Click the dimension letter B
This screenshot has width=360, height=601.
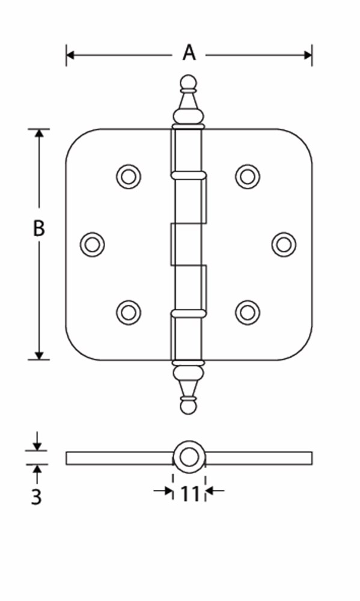click(38, 228)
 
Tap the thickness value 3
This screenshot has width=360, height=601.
click(36, 497)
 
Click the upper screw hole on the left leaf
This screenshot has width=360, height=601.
click(129, 177)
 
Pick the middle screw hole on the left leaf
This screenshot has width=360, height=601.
click(93, 245)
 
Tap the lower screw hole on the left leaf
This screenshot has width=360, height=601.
click(129, 313)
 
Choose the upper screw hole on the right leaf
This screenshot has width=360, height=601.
click(247, 177)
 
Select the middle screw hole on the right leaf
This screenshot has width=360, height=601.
click(284, 245)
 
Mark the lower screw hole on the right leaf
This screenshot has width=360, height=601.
click(247, 313)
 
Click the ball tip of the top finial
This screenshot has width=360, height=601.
click(188, 82)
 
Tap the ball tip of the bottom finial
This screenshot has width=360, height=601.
click(188, 407)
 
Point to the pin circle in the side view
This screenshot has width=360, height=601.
click(189, 457)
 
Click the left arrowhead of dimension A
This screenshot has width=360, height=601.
click(70, 55)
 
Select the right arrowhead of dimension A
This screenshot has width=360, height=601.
click(308, 55)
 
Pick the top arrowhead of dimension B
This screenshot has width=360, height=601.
click(38, 133)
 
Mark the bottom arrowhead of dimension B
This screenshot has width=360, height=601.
click(38, 355)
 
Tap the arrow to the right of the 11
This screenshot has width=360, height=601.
click(215, 490)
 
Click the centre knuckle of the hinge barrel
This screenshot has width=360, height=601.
click(186, 244)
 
